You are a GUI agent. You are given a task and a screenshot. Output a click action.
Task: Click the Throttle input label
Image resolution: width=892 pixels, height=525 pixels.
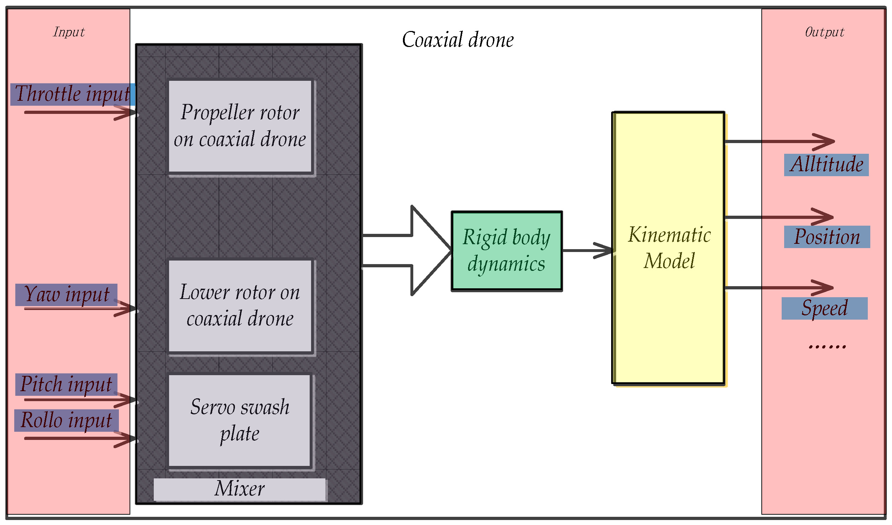coord(72,94)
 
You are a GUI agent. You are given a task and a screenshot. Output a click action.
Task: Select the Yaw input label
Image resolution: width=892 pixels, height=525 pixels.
coord(66,295)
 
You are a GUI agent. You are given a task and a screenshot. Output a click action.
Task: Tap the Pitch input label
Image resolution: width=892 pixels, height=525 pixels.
coord(66,384)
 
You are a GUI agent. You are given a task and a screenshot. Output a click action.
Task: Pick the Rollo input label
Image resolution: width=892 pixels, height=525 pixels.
coord(66,420)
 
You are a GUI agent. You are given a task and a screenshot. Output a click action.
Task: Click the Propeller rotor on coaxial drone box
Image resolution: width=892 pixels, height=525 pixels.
coord(240,126)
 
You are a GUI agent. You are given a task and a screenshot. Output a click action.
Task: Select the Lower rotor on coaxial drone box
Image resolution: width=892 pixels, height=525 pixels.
coord(240,306)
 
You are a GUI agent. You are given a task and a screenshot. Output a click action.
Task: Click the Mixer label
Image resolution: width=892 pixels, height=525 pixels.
coord(240,489)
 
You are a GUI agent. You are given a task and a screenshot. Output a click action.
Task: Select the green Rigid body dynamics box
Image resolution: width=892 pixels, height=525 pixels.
coord(507,251)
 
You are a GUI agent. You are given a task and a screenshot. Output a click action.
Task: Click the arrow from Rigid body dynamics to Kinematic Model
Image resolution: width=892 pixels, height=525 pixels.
coord(587,250)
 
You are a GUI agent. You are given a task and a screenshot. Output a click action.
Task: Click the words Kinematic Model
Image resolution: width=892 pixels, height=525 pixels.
coord(669,248)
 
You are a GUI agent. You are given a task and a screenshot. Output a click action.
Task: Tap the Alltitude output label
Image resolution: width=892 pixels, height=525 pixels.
coord(826,165)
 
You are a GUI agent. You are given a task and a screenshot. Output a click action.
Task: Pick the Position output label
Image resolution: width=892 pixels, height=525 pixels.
coord(827,237)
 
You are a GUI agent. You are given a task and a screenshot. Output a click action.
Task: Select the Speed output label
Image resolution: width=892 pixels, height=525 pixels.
coord(824,309)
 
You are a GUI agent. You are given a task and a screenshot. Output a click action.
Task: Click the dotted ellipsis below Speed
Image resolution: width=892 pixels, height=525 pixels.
coord(827,346)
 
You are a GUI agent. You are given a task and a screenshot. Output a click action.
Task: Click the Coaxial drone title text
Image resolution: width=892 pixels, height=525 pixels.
coord(458,40)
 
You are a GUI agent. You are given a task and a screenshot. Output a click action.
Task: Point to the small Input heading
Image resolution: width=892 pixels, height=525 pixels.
coord(69,32)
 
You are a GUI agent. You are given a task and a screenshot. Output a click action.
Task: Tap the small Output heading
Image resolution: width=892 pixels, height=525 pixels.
coord(824,32)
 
